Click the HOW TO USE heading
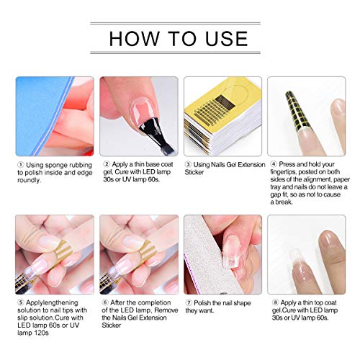click(179, 38)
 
